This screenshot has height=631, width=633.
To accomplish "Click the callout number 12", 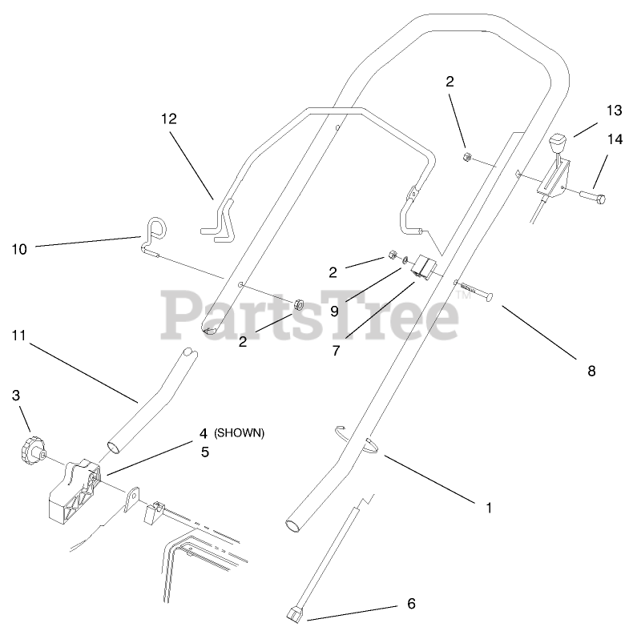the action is [168, 119].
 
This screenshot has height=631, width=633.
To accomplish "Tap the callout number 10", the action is [19, 249].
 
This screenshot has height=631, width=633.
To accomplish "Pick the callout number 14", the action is [615, 139].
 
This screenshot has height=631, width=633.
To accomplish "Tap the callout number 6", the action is [411, 603].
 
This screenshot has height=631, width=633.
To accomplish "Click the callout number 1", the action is [489, 507].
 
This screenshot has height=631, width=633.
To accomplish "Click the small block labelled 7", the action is [422, 270].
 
